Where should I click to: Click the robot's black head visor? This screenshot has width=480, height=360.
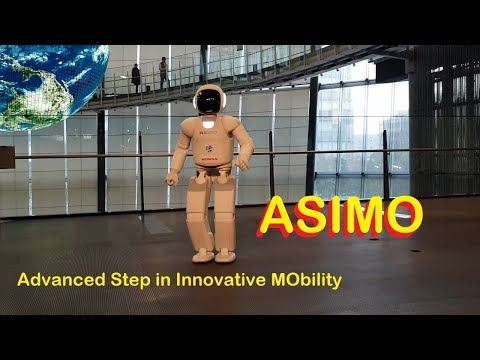209,100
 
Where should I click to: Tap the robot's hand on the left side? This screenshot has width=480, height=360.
172,180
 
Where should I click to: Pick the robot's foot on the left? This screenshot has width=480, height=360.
201,256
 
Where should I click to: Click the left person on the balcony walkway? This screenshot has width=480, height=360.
136,77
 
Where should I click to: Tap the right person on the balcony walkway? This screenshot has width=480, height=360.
163,71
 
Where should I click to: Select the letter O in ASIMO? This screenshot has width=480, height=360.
400,216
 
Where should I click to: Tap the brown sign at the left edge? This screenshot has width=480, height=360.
7,157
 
